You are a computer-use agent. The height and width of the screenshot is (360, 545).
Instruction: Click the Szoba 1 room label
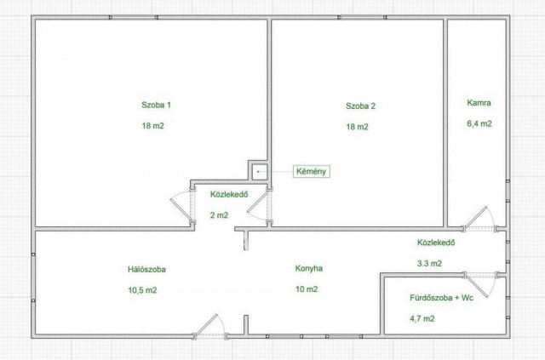pos(156,105)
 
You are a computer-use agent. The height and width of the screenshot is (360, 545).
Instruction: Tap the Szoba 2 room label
pos(360,106)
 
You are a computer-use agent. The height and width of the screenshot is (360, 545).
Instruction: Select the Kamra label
pos(479,103)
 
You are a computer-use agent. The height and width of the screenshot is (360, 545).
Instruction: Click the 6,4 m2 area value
pos(479,123)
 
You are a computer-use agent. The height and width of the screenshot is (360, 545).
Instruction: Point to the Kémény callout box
pos(311,171)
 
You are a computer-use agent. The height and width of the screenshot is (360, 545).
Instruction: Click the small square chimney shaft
pos(259,172)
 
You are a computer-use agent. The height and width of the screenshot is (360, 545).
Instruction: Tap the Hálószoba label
pos(146,269)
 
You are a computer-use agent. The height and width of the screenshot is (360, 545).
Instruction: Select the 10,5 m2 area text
pos(142,290)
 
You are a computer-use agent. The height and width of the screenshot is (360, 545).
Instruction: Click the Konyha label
pos(308,268)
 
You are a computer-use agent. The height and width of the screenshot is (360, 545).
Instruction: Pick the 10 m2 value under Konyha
pos(307,289)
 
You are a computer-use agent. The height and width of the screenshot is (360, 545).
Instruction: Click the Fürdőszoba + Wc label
pos(441,298)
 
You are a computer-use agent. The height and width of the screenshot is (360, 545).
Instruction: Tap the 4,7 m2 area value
pos(422,318)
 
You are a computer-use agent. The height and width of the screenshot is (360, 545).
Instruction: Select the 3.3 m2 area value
pos(429,263)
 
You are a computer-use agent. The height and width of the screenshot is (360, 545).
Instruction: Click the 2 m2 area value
pos(219,215)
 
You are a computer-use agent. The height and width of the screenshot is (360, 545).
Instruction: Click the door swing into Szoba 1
pos(181,206)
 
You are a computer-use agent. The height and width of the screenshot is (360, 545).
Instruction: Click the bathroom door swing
pos(480,285)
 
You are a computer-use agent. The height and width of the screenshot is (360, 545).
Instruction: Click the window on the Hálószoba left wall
pos(33,277)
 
